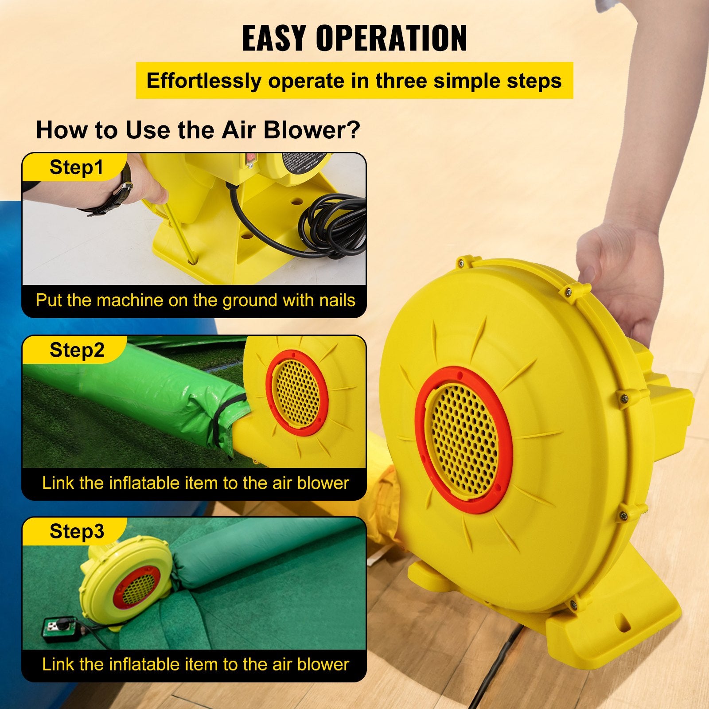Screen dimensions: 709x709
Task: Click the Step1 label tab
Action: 76,168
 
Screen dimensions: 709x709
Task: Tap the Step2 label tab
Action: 77,350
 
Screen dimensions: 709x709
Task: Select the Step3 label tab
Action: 77,531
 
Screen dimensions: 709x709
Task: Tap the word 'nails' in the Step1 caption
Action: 337,300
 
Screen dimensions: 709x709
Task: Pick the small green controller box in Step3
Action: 55,627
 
